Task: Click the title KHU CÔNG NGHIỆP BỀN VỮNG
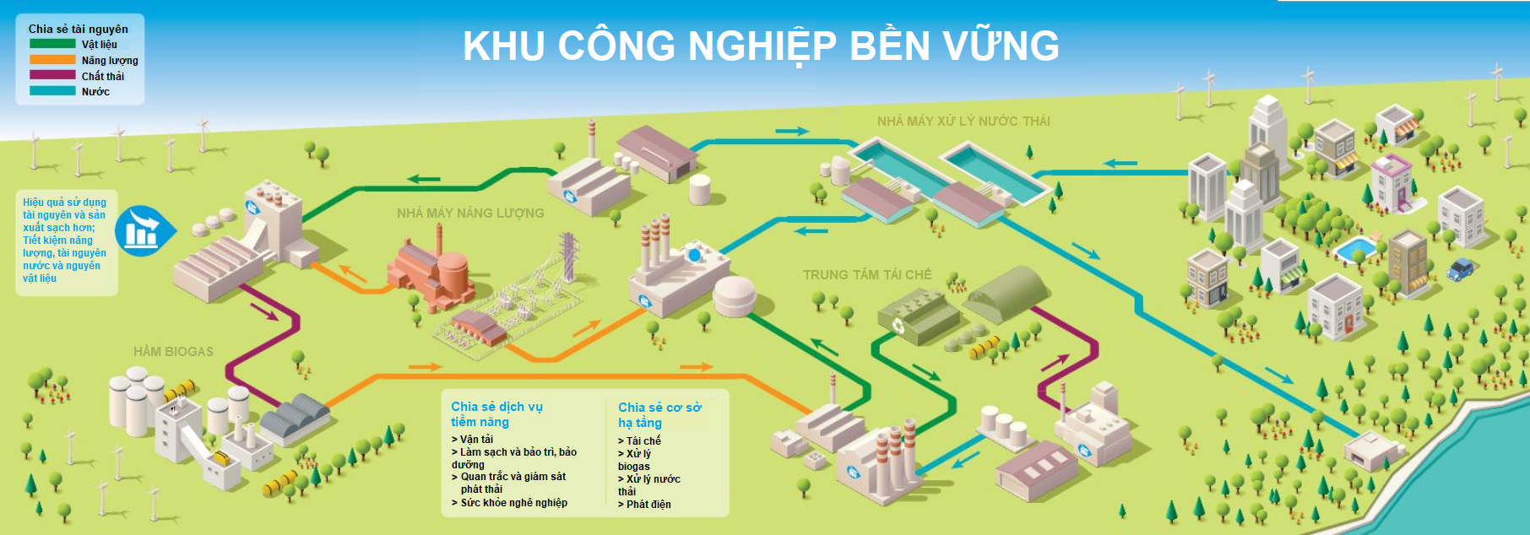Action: point(761,46)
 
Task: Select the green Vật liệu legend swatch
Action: point(52,44)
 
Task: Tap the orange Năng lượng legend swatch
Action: point(52,60)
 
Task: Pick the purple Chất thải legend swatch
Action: point(52,75)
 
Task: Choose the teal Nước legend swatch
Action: point(52,91)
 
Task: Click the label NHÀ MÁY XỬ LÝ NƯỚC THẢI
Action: point(963,122)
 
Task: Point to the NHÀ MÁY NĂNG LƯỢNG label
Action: point(470,213)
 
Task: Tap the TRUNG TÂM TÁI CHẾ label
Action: point(867,275)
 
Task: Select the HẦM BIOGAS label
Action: point(173,352)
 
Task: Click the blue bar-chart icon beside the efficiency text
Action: point(142,230)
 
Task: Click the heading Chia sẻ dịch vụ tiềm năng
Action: point(496,413)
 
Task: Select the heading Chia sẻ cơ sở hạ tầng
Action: point(659,414)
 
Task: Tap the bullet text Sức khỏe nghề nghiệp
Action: point(513,503)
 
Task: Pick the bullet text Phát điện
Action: point(648,505)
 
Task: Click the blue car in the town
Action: point(1460,270)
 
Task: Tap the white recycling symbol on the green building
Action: point(898,326)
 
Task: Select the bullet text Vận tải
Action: point(476,440)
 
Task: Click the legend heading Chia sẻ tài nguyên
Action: point(79,29)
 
